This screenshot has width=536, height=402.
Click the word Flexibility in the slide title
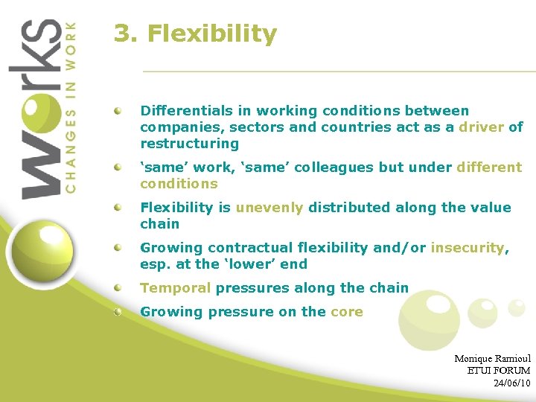212,34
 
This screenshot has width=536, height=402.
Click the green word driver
481,127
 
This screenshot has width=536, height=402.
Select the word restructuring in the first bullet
189,144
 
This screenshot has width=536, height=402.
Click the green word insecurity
467,248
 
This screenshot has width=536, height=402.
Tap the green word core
346,312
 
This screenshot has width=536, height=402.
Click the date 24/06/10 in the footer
511,383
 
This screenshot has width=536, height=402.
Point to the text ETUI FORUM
498,371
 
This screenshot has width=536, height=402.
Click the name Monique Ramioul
492,359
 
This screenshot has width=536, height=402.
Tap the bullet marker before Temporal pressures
118,287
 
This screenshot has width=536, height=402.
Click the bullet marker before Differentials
118,110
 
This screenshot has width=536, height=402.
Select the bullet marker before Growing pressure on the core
118,311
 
